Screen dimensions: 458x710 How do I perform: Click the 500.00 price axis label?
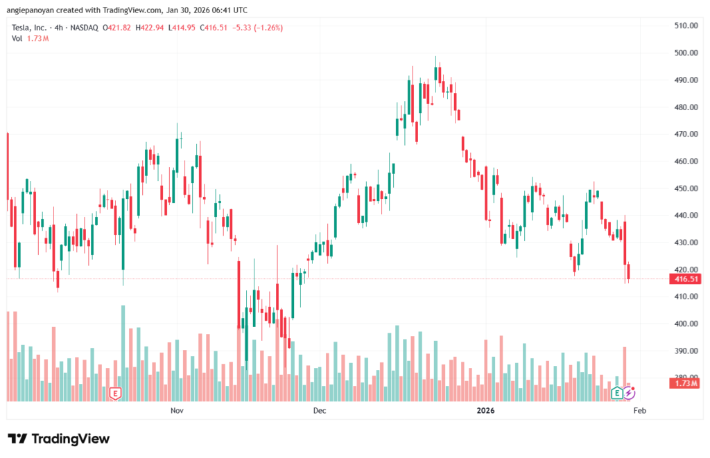coord(685,53)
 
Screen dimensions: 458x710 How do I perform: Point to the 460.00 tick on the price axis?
coord(685,161)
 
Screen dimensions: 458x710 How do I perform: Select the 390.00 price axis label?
coord(685,351)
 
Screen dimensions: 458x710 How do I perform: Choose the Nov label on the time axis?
coord(177,411)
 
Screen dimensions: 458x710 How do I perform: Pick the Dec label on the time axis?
coord(320,411)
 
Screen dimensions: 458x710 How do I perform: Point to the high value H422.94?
coord(151,28)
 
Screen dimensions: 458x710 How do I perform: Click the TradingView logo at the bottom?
coord(59,439)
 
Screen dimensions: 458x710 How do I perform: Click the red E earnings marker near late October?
coord(116,394)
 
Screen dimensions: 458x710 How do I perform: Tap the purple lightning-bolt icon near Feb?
coord(629,394)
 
